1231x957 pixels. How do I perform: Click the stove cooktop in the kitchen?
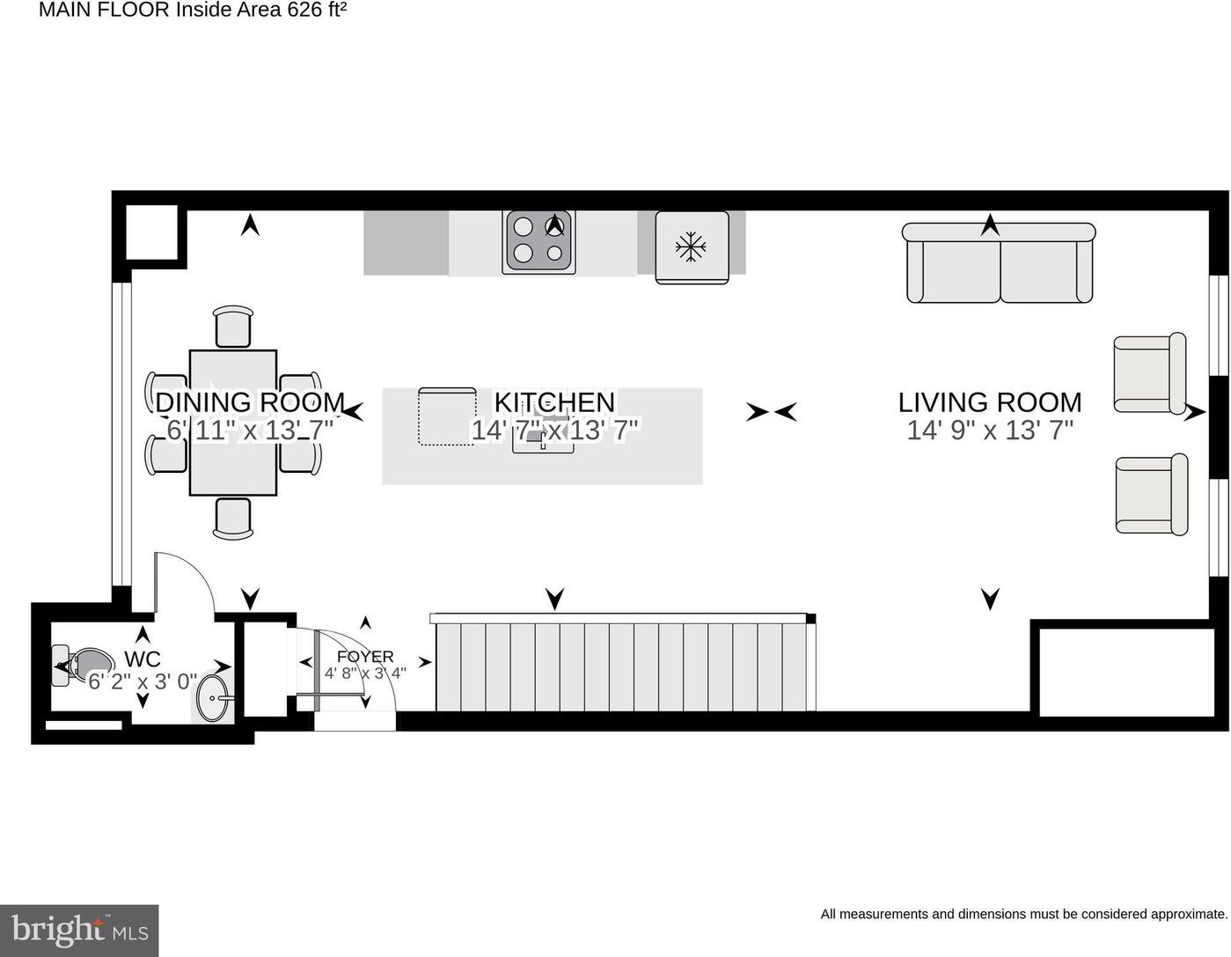coord(539,240)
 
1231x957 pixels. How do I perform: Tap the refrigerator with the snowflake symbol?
coord(692,247)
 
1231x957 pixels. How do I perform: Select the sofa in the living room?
coord(998,263)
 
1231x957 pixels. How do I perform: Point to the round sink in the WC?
coord(214,698)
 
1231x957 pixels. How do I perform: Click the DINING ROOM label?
coord(250,402)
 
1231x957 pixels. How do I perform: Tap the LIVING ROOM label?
coord(990,402)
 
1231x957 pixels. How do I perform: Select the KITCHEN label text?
coord(554,402)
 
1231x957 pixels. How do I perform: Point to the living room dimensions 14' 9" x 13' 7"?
coord(990,431)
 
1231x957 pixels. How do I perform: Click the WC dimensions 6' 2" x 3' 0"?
coord(143,681)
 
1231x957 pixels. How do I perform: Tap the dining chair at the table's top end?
coord(233,327)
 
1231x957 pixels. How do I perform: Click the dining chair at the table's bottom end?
coord(233,519)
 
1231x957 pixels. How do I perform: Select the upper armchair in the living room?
coord(1149,373)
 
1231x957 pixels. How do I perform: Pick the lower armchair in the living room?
coord(1151,495)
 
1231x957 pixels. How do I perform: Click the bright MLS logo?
coord(79,931)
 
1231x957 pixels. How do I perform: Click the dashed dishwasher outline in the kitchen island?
coord(447,416)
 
